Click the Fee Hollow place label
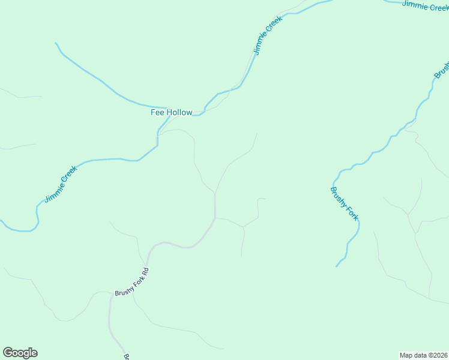tap(171, 112)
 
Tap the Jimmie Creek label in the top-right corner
tap(425, 5)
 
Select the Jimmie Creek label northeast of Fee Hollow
tap(267, 35)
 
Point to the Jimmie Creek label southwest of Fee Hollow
tap(61, 184)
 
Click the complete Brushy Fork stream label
tap(345, 204)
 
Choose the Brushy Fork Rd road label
tap(131, 281)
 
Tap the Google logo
tap(20, 353)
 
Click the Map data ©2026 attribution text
tap(424, 355)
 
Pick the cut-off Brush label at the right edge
tap(442, 69)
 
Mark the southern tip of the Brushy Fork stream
tap(336, 266)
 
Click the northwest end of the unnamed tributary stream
tap(55, 43)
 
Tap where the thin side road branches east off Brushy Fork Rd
tap(215, 218)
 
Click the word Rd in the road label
tap(145, 271)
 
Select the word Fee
tap(156, 112)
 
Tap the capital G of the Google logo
tap(8, 353)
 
